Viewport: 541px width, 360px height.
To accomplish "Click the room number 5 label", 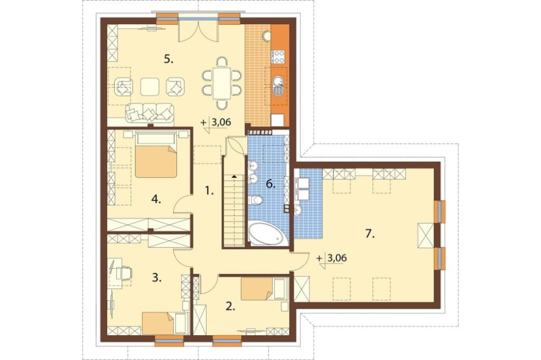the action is [168, 59].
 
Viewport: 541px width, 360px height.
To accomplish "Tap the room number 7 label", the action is [370, 234].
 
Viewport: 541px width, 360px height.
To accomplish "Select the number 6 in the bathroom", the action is [270, 184].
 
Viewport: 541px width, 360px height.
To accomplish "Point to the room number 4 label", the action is [156, 199].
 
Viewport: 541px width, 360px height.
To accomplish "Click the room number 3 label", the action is [157, 278].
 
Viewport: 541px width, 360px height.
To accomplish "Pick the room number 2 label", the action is [230, 306].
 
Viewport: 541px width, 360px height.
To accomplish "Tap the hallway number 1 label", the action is [209, 190].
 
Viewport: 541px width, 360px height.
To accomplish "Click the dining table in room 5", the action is [221, 83].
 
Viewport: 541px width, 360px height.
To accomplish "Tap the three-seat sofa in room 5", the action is [149, 113].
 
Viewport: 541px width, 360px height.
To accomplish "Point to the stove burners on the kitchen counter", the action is [279, 57].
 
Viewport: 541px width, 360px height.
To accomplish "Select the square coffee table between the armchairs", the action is [150, 86].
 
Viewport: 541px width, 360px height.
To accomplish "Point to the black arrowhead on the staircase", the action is [234, 176].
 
